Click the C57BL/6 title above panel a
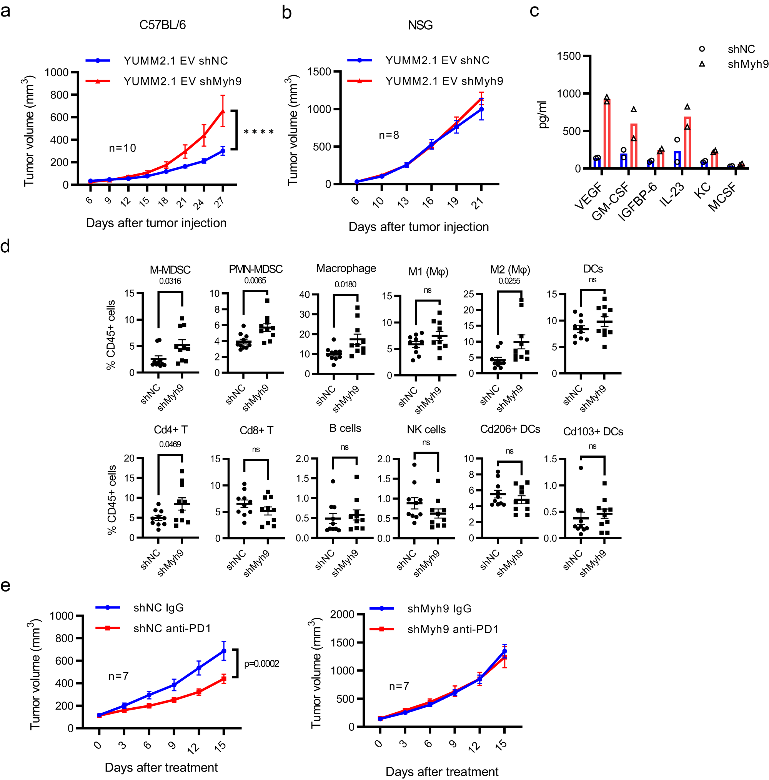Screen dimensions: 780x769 pos(162,25)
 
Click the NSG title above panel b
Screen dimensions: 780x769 pos(420,25)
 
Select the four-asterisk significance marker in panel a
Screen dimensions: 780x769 pos(259,132)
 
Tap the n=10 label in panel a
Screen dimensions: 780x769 pos(122,148)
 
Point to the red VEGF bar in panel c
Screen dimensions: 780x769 pos(606,133)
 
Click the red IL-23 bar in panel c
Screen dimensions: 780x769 pos(687,142)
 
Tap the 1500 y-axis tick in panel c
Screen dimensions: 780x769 pos(568,56)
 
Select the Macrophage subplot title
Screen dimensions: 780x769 pos(346,268)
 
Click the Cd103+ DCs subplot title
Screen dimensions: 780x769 pos(593,432)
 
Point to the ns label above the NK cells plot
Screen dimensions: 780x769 pos(426,442)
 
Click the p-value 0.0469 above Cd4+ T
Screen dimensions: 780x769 pos(170,444)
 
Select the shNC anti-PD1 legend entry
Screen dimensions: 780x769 pos(172,628)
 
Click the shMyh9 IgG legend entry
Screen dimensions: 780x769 pos(439,608)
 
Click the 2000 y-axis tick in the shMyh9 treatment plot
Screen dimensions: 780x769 pos(342,615)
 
